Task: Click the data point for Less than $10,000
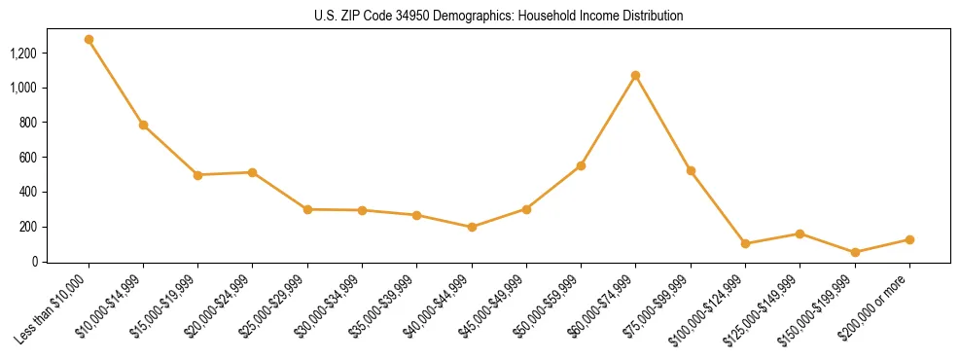[89, 40]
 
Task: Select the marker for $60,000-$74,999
[635, 75]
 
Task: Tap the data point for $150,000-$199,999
[855, 252]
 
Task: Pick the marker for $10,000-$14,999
[143, 125]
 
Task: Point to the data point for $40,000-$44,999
[472, 227]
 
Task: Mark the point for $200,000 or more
[909, 239]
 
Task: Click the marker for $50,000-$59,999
[581, 165]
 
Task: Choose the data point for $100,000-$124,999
[745, 243]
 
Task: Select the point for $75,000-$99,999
[691, 170]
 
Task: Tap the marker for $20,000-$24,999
[253, 172]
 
